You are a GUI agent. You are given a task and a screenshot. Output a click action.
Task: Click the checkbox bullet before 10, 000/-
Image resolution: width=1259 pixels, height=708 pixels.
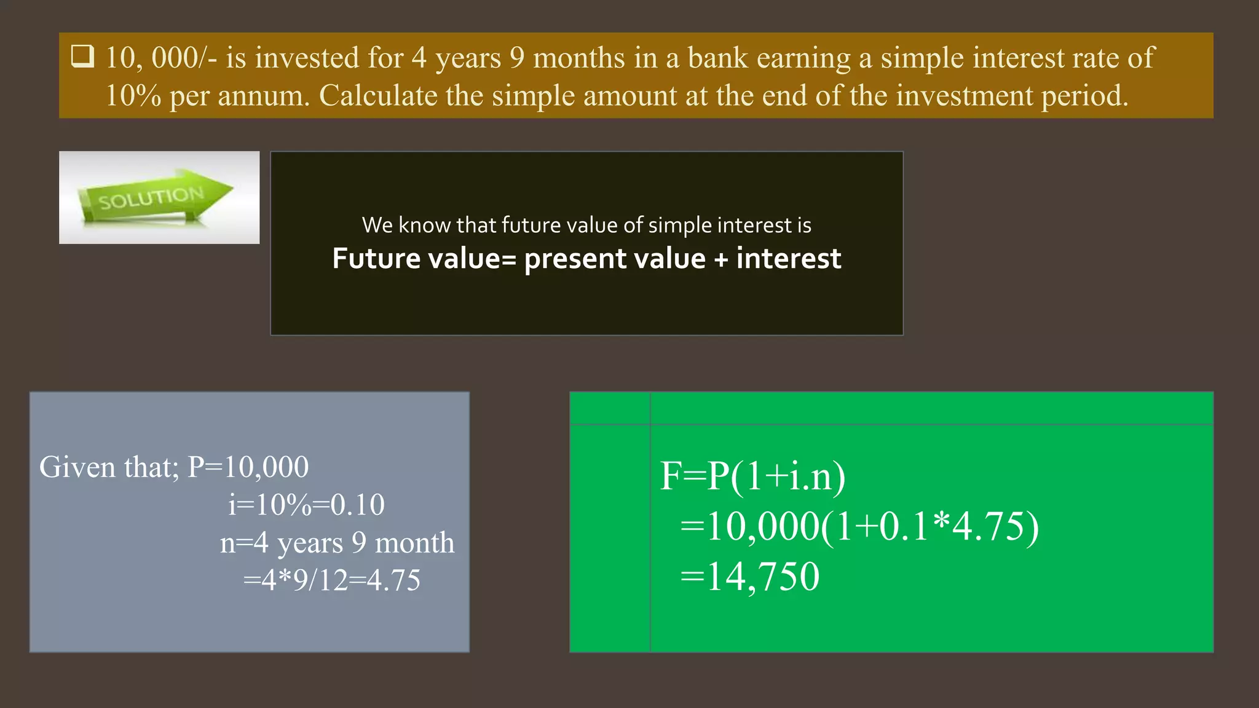tap(82, 57)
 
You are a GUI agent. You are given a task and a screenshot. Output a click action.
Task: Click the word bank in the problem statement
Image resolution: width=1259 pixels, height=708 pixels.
tap(717, 58)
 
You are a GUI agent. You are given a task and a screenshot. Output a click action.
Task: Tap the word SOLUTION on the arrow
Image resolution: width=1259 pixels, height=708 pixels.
tap(151, 198)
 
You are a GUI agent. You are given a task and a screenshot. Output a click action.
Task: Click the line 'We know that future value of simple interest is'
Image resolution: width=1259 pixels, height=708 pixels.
tap(586, 225)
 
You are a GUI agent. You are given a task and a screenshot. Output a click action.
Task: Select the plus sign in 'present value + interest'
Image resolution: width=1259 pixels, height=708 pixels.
tap(720, 259)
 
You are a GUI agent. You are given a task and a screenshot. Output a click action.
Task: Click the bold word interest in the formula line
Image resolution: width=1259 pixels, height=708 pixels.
tap(789, 259)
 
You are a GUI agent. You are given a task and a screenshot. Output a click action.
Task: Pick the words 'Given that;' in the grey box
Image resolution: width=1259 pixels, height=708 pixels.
tap(109, 467)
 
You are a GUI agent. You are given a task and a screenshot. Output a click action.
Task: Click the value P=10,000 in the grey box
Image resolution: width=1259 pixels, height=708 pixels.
tap(248, 467)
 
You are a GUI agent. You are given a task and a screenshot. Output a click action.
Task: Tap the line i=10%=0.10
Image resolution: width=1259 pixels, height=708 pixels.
tap(306, 505)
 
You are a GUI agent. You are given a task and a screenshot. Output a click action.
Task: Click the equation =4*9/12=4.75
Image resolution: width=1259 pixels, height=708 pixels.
tap(332, 580)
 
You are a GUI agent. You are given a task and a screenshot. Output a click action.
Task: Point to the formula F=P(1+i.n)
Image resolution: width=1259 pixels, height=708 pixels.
tap(752, 476)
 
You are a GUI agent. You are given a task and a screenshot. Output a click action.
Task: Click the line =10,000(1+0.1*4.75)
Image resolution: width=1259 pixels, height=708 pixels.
tap(859, 527)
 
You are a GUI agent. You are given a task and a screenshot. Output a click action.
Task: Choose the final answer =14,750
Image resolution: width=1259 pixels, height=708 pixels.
tap(750, 577)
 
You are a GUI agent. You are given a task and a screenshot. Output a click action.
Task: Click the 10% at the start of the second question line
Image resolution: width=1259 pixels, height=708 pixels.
tap(133, 96)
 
